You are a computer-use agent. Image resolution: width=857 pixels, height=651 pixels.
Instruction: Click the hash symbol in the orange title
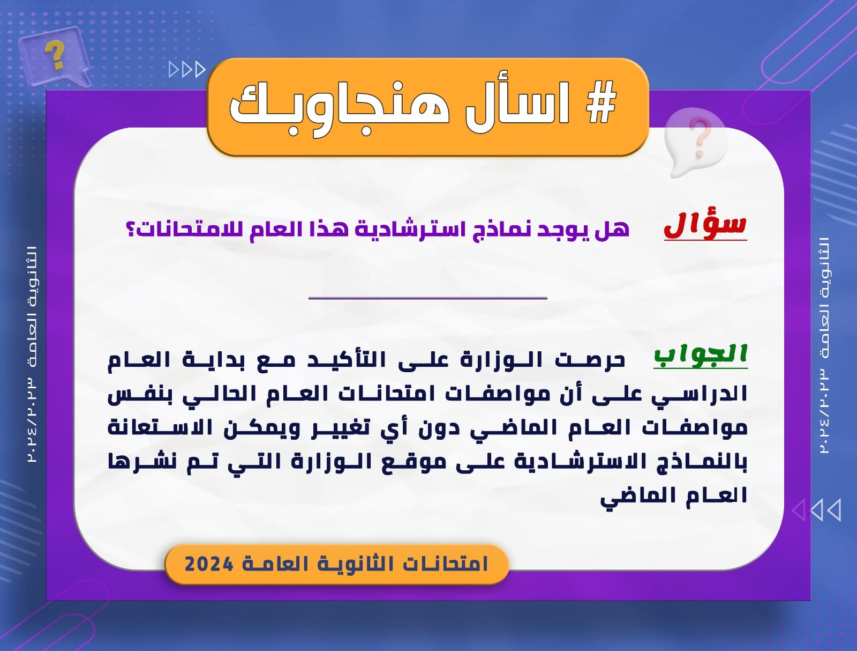point(602,103)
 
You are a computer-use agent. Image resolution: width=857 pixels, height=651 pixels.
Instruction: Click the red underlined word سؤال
point(705,225)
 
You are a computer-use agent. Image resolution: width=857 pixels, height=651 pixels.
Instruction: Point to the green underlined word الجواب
point(701,356)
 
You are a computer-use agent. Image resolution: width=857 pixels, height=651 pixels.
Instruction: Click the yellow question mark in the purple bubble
point(55,55)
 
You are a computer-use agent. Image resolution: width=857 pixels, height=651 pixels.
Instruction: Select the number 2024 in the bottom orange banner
point(209,564)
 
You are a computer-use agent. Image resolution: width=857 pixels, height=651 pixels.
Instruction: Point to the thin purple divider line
point(427,298)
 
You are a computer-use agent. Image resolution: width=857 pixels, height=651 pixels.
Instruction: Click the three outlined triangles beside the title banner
point(187,70)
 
